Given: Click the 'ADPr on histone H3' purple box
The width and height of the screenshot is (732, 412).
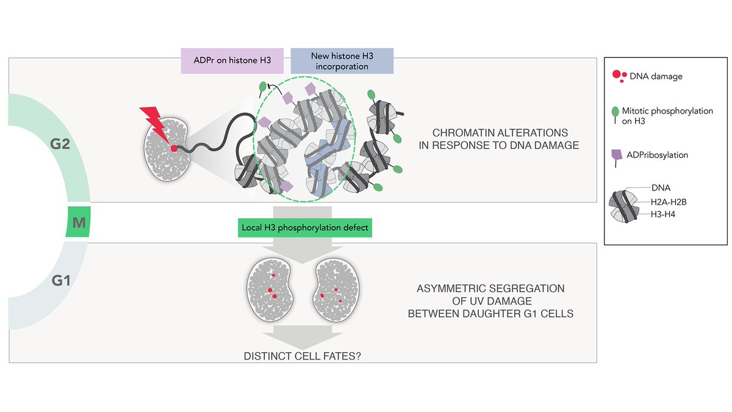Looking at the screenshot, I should tap(232, 61).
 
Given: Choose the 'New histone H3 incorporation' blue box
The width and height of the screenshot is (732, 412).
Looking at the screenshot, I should tap(342, 61).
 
